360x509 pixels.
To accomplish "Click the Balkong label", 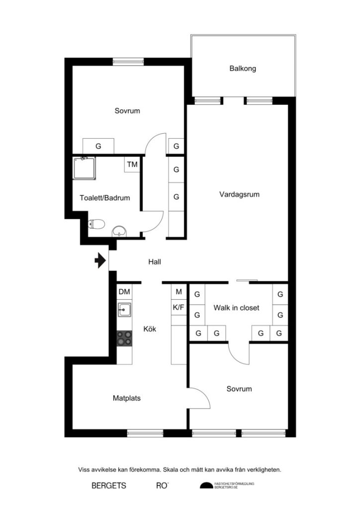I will click(x=243, y=69).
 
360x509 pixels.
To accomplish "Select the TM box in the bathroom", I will click(x=132, y=165).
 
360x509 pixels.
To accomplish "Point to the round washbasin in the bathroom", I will click(x=119, y=231).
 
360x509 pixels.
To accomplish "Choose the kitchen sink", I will click(x=124, y=311).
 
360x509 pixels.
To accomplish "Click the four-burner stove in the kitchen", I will click(x=124, y=339).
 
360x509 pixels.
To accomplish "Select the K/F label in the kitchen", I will click(x=179, y=308).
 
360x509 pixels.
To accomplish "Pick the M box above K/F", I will click(x=179, y=292).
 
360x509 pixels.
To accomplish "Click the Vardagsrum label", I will click(x=240, y=195).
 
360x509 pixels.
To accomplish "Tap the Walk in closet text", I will click(x=236, y=308).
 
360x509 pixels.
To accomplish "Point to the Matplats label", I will click(x=127, y=398).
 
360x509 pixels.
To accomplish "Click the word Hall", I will click(x=155, y=262).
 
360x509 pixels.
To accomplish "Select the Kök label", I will click(x=150, y=329).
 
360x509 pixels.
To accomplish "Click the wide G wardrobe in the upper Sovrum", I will click(x=98, y=147).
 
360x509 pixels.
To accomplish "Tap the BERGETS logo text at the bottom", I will click(x=109, y=486).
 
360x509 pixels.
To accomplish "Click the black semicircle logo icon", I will click(x=206, y=486).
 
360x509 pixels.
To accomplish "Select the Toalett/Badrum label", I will click(x=105, y=198).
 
